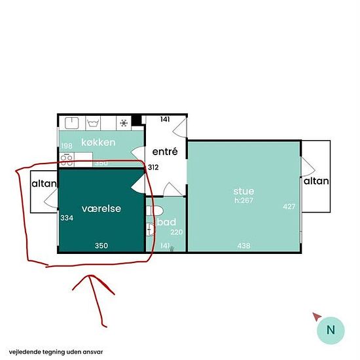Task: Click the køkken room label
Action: click(x=98, y=143)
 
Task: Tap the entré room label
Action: click(x=165, y=152)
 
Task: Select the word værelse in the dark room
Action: click(x=101, y=208)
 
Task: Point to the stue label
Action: click(x=243, y=191)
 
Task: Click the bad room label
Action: click(x=167, y=222)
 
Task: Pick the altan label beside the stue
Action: click(x=316, y=181)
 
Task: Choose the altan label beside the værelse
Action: click(x=44, y=184)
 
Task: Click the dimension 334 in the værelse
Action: click(x=67, y=218)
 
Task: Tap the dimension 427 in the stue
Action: click(x=289, y=207)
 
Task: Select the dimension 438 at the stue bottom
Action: click(x=243, y=246)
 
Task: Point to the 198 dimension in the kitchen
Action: click(x=67, y=146)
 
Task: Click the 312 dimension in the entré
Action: click(x=153, y=168)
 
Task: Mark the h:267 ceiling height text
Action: click(x=243, y=200)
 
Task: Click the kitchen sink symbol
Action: click(x=72, y=123)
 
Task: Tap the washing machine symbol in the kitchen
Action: click(x=93, y=123)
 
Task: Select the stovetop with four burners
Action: click(x=67, y=160)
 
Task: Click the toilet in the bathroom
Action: click(x=154, y=211)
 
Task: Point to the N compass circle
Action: click(x=331, y=330)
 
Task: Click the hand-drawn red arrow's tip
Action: click(x=90, y=276)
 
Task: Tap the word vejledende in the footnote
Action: click(x=25, y=352)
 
